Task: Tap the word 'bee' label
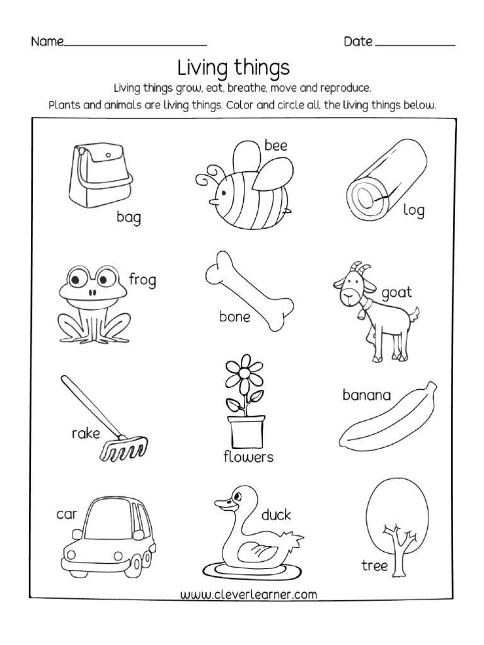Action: pos(275,146)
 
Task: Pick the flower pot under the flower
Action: pos(245,431)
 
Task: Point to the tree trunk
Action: pos(398,548)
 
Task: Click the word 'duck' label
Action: pos(276,515)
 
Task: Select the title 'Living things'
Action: pos(233,67)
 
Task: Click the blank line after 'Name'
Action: pos(135,44)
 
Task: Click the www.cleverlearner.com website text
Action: pos(248,594)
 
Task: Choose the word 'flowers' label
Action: pos(248,457)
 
